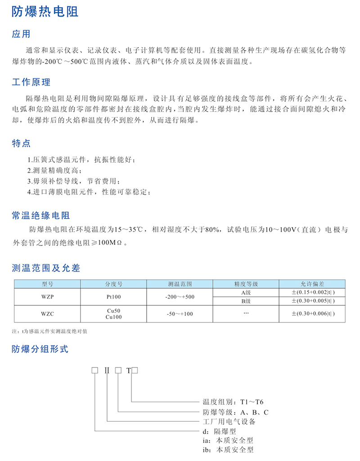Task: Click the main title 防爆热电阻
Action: point(45,12)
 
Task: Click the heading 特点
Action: point(21,143)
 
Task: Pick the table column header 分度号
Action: point(114,284)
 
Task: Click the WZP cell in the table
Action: point(47,297)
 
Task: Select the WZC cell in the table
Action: point(47,313)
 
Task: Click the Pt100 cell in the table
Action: point(114,297)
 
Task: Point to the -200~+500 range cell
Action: point(180,297)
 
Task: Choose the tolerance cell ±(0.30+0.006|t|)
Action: point(313,313)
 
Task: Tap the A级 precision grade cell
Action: point(246,292)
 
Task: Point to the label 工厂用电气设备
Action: point(229,421)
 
